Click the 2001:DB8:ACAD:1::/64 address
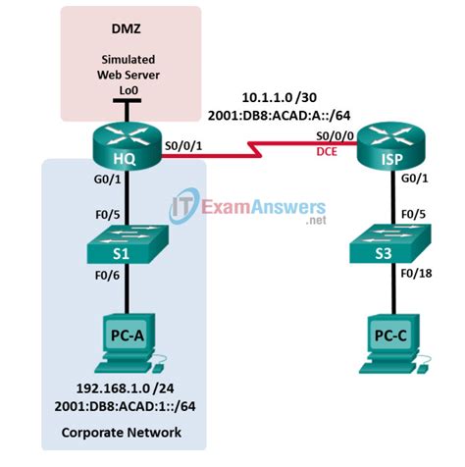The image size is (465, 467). pos(117,405)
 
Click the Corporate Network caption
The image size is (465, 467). pos(116,433)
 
